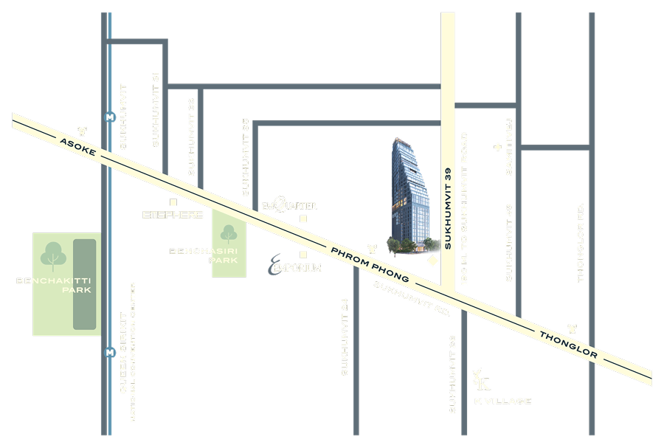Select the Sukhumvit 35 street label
click(x=246, y=157)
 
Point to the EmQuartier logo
click(x=288, y=205)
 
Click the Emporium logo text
click(x=294, y=266)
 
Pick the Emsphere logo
click(x=173, y=215)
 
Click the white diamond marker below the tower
click(x=433, y=261)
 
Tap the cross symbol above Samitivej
click(x=497, y=148)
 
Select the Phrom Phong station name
click(x=370, y=263)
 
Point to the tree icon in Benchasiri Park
click(x=229, y=233)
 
